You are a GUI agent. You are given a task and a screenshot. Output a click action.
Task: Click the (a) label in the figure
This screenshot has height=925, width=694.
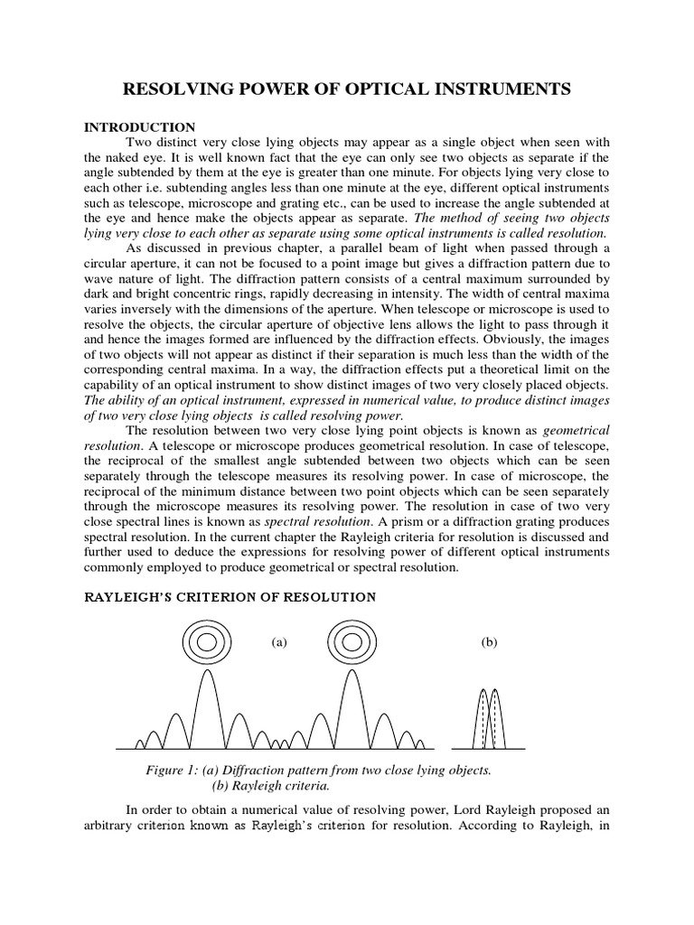[279, 642]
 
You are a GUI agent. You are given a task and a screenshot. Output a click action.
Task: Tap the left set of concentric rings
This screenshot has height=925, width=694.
[207, 643]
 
